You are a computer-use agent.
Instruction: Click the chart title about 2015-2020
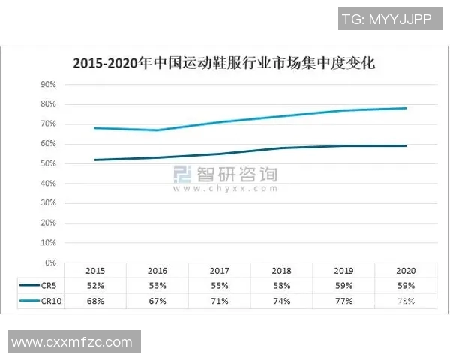(223, 64)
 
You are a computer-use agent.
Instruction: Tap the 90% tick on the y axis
(49, 84)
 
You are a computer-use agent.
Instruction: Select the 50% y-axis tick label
(49, 163)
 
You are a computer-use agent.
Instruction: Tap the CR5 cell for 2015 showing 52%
(95, 286)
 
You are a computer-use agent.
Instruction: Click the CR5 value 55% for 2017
(220, 286)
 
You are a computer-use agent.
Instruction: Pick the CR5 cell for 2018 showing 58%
(282, 286)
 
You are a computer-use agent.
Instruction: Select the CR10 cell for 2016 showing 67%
(157, 301)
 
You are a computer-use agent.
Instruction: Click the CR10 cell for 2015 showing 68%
(95, 301)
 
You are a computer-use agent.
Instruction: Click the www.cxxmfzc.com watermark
(72, 342)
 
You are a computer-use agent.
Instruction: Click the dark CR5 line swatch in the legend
(28, 286)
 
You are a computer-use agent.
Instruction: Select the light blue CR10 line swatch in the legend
(28, 301)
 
